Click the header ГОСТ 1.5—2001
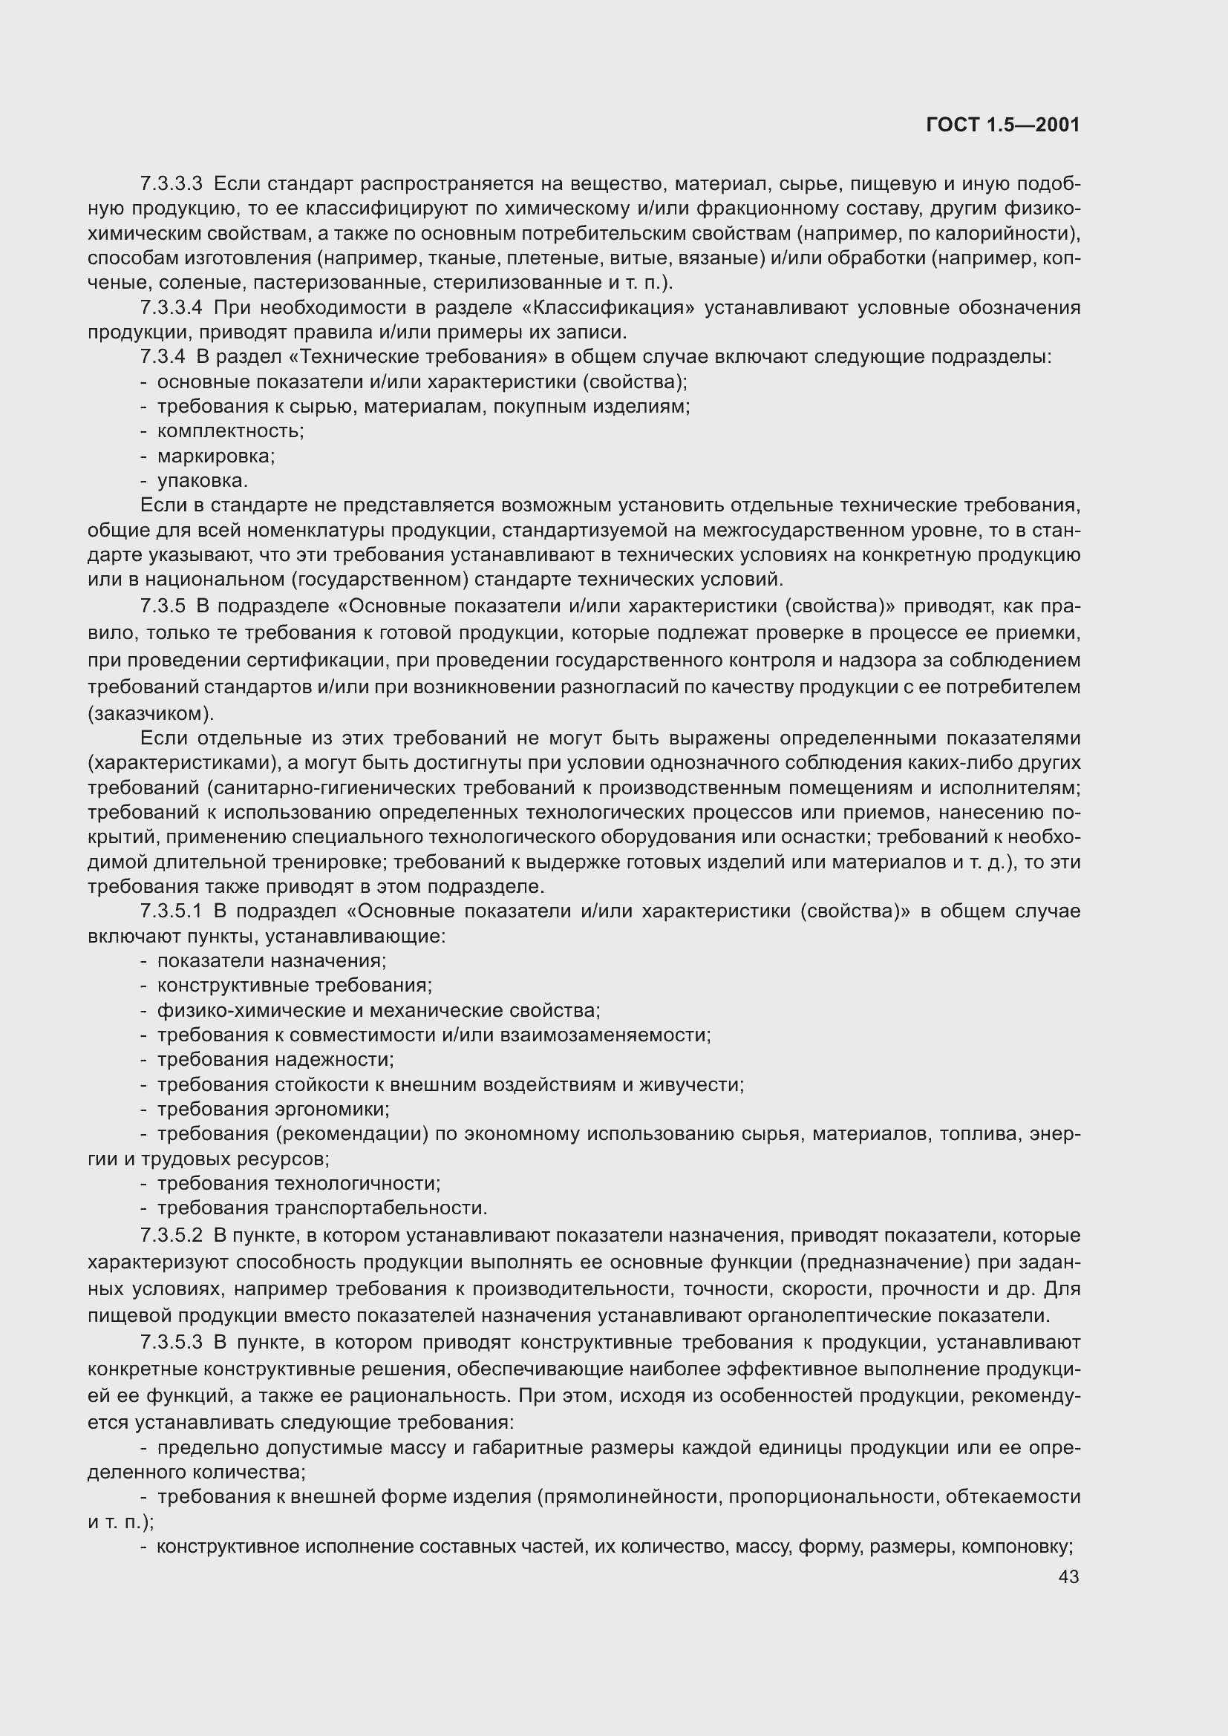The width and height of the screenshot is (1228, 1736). (1002, 125)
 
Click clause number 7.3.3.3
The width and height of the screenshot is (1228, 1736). (172, 184)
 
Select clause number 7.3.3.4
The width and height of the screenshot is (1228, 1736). (172, 308)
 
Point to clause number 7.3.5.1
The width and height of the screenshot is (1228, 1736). (172, 911)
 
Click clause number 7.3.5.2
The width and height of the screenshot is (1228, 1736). (172, 1236)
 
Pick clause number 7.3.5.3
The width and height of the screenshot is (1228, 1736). (172, 1342)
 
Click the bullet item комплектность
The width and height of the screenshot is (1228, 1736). (230, 431)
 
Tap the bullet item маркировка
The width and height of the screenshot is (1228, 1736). (215, 456)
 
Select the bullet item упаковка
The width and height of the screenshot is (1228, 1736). (202, 481)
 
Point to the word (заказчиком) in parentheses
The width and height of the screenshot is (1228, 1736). (151, 713)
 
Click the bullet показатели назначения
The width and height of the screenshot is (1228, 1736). (272, 961)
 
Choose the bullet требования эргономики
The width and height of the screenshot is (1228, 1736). (273, 1109)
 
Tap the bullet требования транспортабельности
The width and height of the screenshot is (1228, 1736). (322, 1208)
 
